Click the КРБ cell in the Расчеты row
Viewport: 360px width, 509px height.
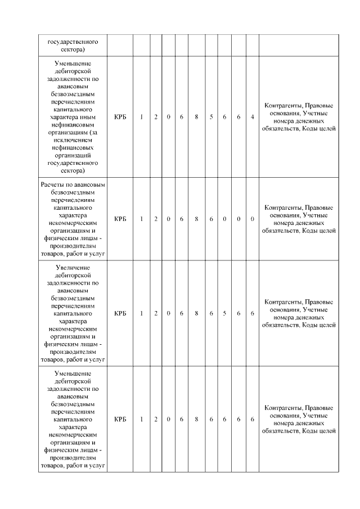pyautogui.click(x=120, y=219)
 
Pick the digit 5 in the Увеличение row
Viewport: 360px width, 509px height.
pyautogui.click(x=224, y=313)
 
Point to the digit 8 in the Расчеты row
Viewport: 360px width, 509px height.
pyautogui.click(x=196, y=219)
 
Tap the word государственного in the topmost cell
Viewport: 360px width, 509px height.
pyautogui.click(x=73, y=42)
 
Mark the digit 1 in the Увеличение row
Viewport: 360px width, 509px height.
pyautogui.click(x=142, y=313)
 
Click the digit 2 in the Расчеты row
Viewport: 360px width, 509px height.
pyautogui.click(x=156, y=219)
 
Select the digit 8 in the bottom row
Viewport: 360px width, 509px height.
pyautogui.click(x=196, y=419)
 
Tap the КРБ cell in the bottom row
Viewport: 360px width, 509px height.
pyautogui.click(x=120, y=419)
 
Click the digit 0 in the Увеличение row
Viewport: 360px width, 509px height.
pyautogui.click(x=169, y=313)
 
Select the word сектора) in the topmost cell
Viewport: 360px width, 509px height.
pyautogui.click(x=73, y=49)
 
